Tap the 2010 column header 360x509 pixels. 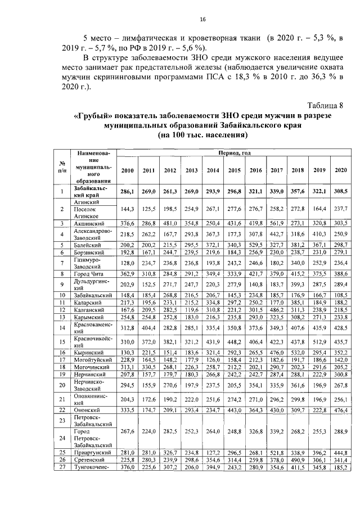point(127,170)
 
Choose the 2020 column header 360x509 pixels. point(340,170)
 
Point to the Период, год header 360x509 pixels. point(233,153)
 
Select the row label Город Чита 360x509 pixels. point(89,274)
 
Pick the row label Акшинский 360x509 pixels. point(89,223)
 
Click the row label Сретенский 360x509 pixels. point(89,460)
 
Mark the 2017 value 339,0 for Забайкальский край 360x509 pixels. point(276,192)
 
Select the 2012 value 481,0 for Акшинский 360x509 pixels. point(169,223)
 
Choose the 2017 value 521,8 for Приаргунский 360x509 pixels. point(276,452)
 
